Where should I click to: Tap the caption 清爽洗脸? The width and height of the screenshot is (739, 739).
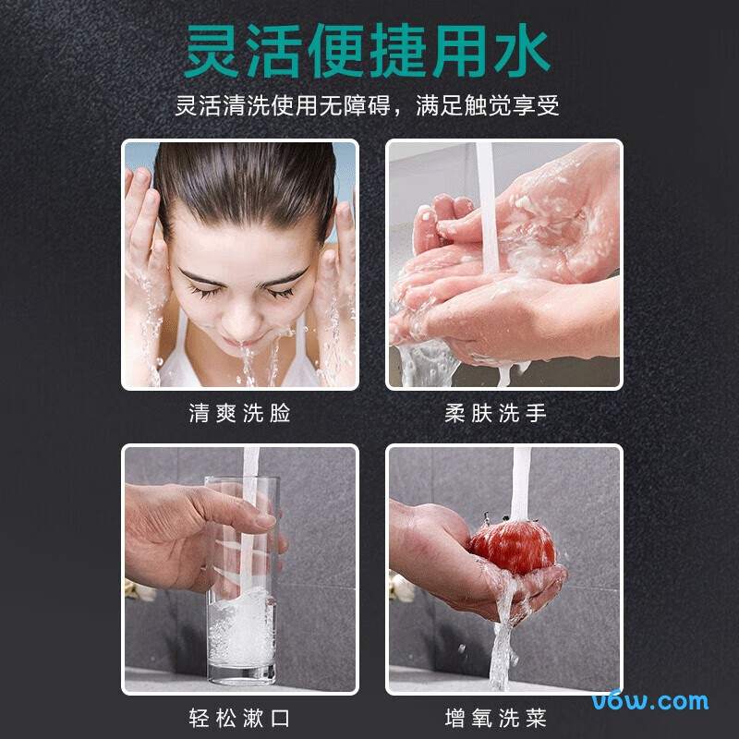(239, 413)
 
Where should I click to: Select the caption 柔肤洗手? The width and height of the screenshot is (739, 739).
(496, 413)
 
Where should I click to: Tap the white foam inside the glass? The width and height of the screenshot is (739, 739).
(242, 633)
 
